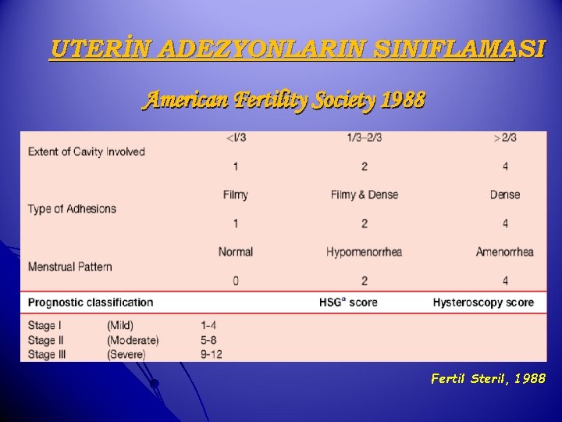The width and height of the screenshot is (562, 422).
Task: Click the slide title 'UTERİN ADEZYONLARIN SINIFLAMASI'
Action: (x=297, y=50)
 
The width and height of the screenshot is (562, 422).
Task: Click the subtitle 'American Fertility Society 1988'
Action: (x=284, y=100)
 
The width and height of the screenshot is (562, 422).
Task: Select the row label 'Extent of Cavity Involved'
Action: (x=87, y=152)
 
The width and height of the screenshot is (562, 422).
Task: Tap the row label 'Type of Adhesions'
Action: (x=72, y=209)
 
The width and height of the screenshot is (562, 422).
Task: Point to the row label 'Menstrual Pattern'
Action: (x=70, y=266)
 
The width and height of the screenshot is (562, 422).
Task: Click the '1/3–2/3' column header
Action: (x=364, y=138)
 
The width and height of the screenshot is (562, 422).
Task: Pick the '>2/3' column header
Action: (x=505, y=138)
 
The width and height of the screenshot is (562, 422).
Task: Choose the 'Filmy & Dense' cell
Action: (x=364, y=195)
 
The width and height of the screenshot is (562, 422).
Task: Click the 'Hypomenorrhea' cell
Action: (x=364, y=252)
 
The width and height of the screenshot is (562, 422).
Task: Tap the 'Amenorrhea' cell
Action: (x=505, y=252)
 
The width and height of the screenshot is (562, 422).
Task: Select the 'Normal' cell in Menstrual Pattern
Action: (x=236, y=252)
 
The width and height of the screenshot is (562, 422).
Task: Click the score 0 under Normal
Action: (x=236, y=281)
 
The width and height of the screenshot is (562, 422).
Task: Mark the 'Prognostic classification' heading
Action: (x=91, y=302)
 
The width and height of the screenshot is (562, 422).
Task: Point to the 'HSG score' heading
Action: (x=348, y=302)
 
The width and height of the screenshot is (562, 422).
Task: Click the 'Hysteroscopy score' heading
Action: (x=483, y=302)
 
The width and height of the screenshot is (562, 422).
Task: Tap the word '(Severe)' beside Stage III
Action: (x=126, y=354)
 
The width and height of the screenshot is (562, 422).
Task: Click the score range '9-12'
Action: (x=212, y=354)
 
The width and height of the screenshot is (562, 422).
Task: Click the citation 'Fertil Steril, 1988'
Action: (x=488, y=379)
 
